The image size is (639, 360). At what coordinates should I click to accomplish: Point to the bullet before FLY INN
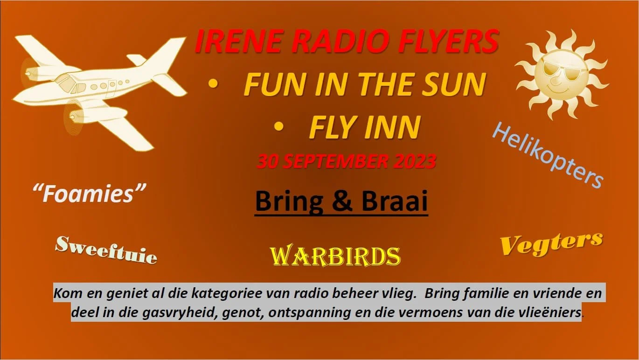(279, 126)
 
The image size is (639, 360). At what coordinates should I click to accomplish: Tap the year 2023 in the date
(414, 161)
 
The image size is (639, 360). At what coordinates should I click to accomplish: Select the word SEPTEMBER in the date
(335, 161)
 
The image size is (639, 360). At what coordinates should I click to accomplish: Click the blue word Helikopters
(549, 154)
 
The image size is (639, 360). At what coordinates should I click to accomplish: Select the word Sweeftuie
(106, 249)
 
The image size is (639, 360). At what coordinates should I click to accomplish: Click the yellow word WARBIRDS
(335, 256)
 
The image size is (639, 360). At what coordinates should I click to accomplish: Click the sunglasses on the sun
(558, 71)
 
